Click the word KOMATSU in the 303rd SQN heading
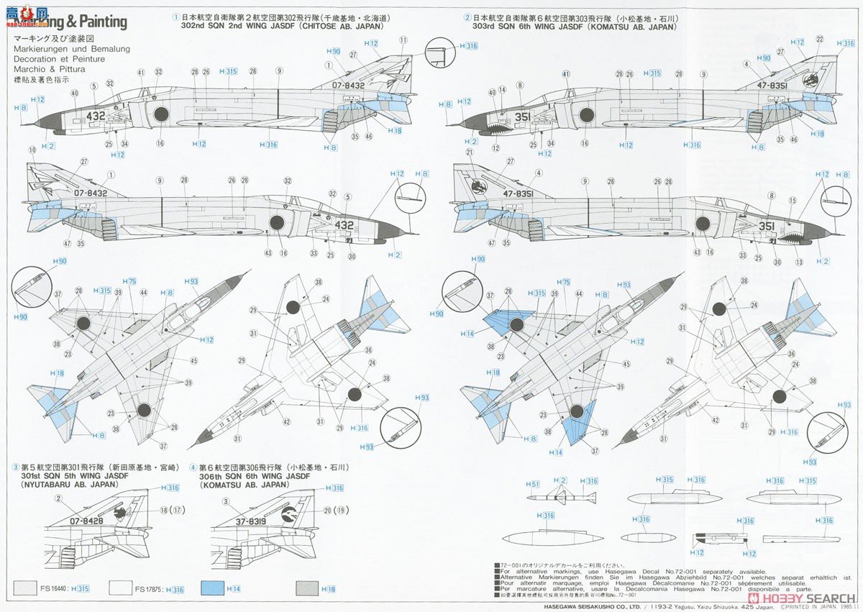[x=611, y=27]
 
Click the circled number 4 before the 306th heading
[x=193, y=467]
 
